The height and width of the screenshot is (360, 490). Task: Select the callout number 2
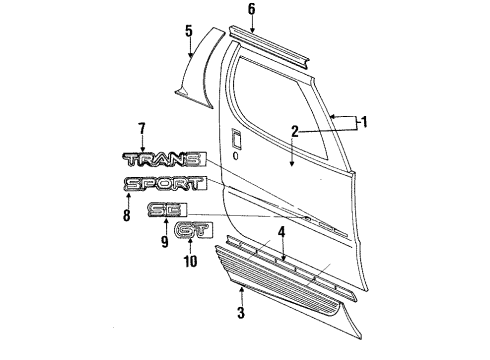point(294,130)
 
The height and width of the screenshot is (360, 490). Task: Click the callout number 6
point(252,8)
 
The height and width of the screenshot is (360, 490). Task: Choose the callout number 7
point(142,127)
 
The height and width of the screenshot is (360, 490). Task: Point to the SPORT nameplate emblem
point(165,184)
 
